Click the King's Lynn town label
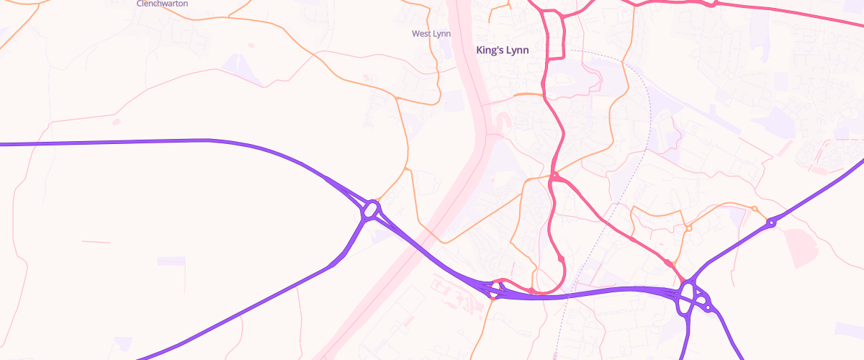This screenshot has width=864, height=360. coord(503,50)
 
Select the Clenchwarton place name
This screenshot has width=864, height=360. coord(162,4)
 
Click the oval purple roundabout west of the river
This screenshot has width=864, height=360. coord(372,210)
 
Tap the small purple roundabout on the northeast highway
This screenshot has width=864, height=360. coord(771,223)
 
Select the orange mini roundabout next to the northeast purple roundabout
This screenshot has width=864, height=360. coord(754,209)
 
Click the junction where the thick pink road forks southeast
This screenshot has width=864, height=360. coord(554,177)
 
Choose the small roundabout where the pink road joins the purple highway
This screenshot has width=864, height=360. coord(493,291)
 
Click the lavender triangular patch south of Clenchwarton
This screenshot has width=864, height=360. coord(236,65)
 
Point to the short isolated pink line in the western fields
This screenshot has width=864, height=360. coord(96,242)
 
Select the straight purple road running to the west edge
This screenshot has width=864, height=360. coord(108,143)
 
